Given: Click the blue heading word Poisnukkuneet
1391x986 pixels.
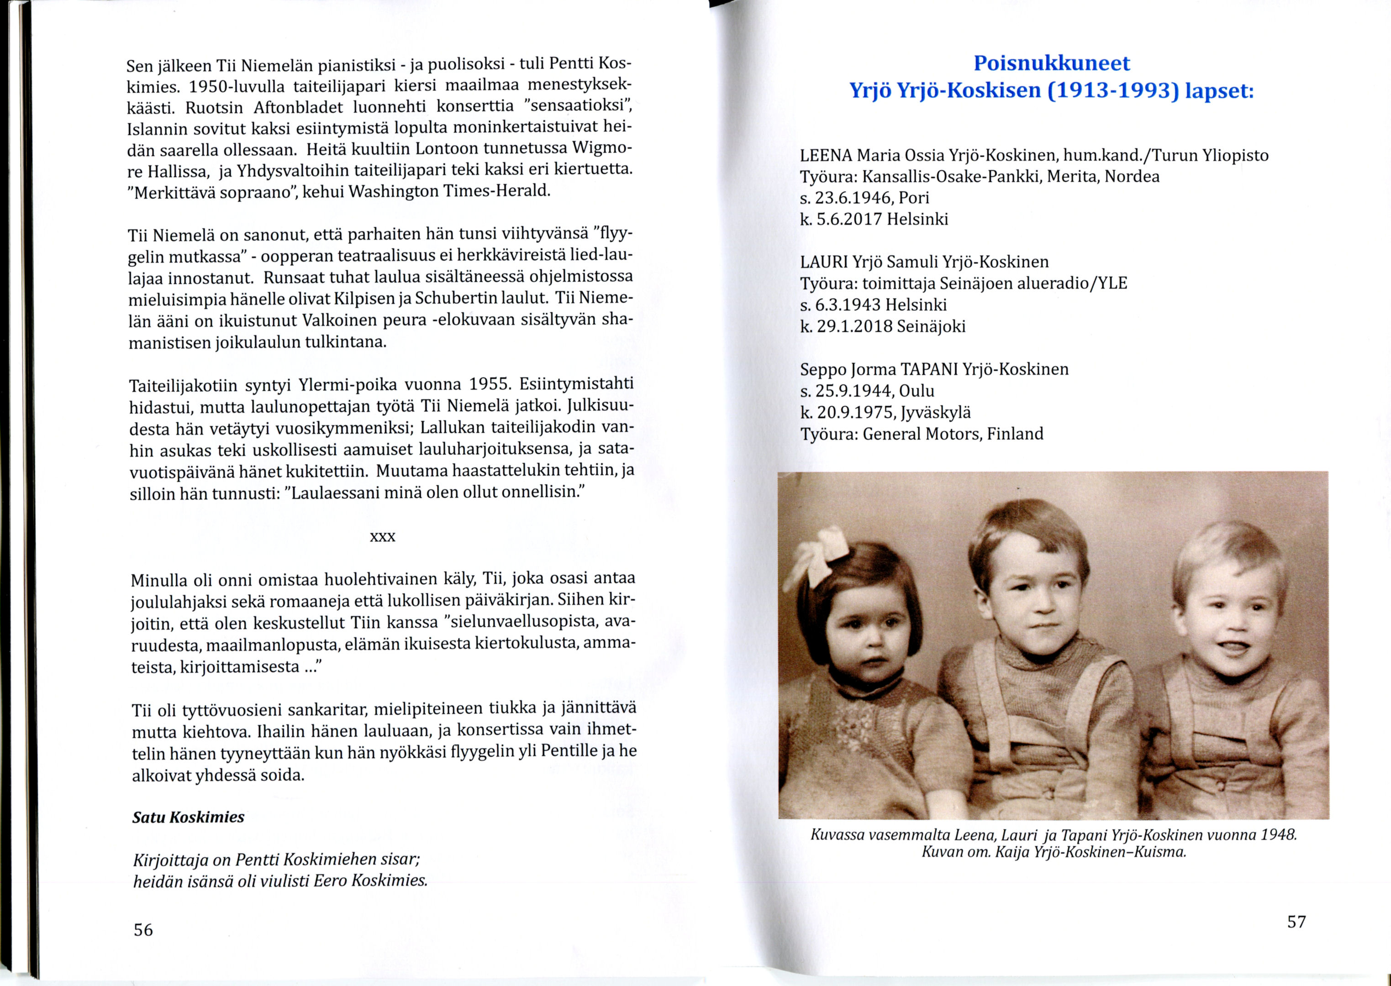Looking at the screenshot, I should pyautogui.click(x=1051, y=63).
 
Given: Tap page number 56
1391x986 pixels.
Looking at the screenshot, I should pyautogui.click(x=143, y=929).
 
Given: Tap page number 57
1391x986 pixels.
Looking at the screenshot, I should pyautogui.click(x=1296, y=922).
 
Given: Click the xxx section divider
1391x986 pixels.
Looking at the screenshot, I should pyautogui.click(x=383, y=537).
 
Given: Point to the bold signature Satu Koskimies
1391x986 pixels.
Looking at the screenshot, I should pyautogui.click(x=188, y=817).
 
